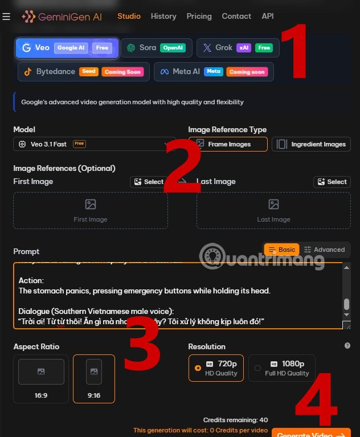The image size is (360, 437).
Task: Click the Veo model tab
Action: [67, 48]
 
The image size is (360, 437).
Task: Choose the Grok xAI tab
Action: [238, 48]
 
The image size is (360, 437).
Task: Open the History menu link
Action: [163, 17]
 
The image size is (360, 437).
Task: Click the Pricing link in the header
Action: [199, 17]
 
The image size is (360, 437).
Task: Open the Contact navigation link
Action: [236, 17]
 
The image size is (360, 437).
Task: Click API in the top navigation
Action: [268, 17]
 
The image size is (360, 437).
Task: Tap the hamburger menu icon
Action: [6, 17]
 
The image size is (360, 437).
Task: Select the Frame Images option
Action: [228, 144]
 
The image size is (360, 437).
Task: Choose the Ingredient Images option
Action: [311, 144]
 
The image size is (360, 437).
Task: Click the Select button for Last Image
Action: [332, 182]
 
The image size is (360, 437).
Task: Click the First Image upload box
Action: [91, 210]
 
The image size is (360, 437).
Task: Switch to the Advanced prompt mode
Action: [324, 250]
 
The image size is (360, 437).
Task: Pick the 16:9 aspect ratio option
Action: [41, 378]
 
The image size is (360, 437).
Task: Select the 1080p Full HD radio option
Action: [282, 367]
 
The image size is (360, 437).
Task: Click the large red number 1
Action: [294, 52]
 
